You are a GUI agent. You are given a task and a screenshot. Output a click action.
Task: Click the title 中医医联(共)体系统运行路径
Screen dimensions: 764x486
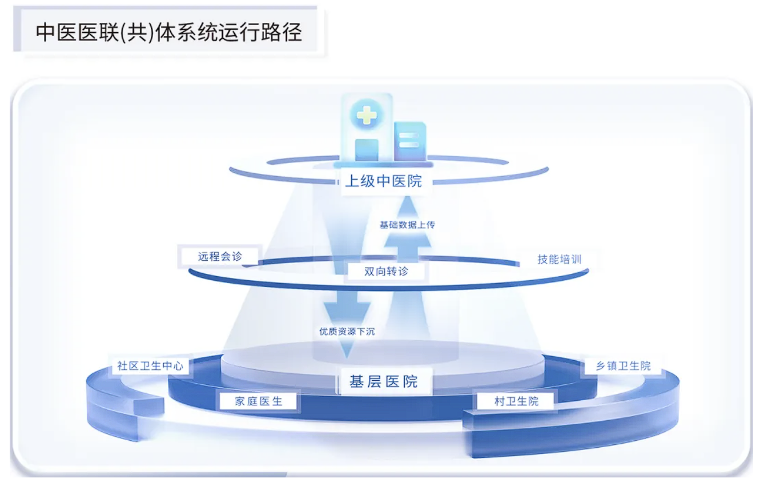pyautogui.click(x=169, y=33)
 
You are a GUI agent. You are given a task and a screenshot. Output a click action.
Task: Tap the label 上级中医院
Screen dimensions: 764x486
pyautogui.click(x=384, y=181)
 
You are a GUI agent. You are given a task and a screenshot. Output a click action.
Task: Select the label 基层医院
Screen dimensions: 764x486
pyautogui.click(x=384, y=381)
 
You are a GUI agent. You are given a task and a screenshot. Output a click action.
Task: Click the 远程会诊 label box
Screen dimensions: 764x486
pyautogui.click(x=220, y=256)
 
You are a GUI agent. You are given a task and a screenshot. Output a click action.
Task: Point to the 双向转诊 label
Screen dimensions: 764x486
pyautogui.click(x=386, y=272)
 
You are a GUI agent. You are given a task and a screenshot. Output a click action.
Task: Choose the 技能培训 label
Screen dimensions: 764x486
pyautogui.click(x=560, y=259)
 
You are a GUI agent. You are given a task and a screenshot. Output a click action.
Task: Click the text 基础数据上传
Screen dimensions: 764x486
pyautogui.click(x=407, y=225)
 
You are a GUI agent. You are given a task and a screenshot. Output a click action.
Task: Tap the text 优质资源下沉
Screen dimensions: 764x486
pyautogui.click(x=347, y=331)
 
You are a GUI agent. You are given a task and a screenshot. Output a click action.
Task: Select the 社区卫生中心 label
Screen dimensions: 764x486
pyautogui.click(x=150, y=366)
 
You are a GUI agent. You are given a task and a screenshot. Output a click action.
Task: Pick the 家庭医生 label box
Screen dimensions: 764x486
pyautogui.click(x=258, y=401)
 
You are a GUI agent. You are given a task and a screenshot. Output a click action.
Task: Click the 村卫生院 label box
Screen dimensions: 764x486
pyautogui.click(x=516, y=401)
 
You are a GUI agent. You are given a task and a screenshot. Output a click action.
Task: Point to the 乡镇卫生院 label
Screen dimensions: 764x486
pyautogui.click(x=623, y=366)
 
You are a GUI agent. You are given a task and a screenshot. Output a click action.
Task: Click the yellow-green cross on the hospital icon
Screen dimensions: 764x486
pyautogui.click(x=367, y=114)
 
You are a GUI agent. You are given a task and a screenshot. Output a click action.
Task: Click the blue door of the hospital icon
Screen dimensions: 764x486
pyautogui.click(x=367, y=150)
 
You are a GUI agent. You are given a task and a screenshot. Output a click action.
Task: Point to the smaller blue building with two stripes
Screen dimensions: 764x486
pyautogui.click(x=411, y=141)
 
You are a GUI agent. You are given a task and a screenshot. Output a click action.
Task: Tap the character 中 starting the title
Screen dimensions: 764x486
pyautogui.click(x=45, y=33)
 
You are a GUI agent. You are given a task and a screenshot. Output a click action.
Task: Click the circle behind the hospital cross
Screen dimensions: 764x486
pyautogui.click(x=367, y=114)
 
